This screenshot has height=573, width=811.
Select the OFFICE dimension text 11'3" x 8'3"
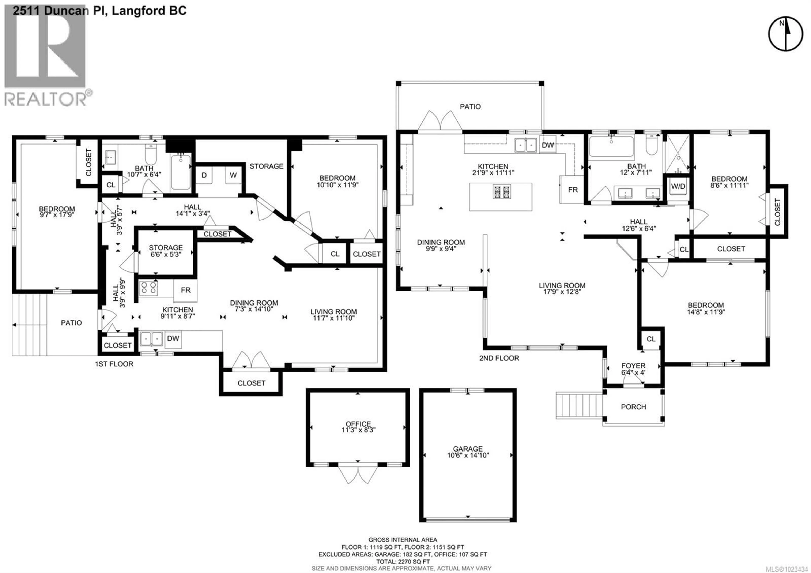(358, 430)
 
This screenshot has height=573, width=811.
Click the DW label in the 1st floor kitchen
(173, 338)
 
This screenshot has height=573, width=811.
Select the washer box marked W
(233, 175)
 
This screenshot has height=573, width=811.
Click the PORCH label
(633, 407)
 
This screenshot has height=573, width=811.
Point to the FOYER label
(633, 366)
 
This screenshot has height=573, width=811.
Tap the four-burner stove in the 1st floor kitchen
(148, 288)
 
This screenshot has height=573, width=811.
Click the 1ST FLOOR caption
(114, 364)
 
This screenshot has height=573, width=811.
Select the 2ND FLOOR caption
(499, 358)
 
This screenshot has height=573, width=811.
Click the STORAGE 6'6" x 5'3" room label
(165, 248)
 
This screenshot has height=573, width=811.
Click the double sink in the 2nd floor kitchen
(526, 145)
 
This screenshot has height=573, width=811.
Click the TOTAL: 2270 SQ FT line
(403, 562)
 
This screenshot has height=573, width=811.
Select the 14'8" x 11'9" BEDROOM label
(705, 305)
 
